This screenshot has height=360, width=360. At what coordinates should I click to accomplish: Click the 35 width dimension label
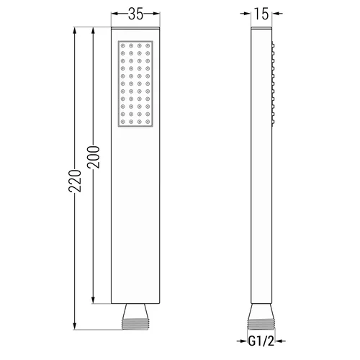135,14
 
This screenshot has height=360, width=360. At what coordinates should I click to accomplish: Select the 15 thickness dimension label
261,14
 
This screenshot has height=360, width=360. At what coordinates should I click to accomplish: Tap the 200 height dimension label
93,157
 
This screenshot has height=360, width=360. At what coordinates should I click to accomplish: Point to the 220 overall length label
75,181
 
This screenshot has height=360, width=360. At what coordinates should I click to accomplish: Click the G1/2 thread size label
261,341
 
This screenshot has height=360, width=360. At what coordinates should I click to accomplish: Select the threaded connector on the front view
135,324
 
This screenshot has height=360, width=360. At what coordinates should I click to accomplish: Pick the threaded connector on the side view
261,324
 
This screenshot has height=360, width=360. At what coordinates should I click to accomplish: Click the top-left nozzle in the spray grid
123,45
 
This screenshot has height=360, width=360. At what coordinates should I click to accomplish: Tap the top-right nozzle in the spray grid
148,45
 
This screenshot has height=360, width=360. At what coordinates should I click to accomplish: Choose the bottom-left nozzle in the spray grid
123,122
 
